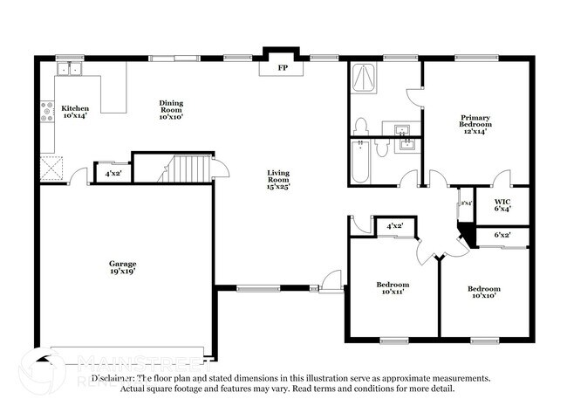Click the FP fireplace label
pyautogui.click(x=281, y=67)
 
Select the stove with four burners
pyautogui.click(x=46, y=110)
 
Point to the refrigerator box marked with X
pyautogui.click(x=49, y=164)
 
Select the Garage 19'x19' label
pyautogui.click(x=122, y=267)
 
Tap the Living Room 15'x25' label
pyautogui.click(x=278, y=179)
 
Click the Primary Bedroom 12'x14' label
pyautogui.click(x=475, y=125)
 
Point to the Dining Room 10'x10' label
pyautogui.click(x=171, y=108)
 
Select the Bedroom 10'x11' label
pyautogui.click(x=393, y=288)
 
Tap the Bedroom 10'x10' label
pyautogui.click(x=483, y=293)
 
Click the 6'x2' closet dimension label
pyautogui.click(x=502, y=235)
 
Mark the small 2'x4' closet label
pyautogui.click(x=465, y=203)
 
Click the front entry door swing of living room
pyautogui.click(x=330, y=281)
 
